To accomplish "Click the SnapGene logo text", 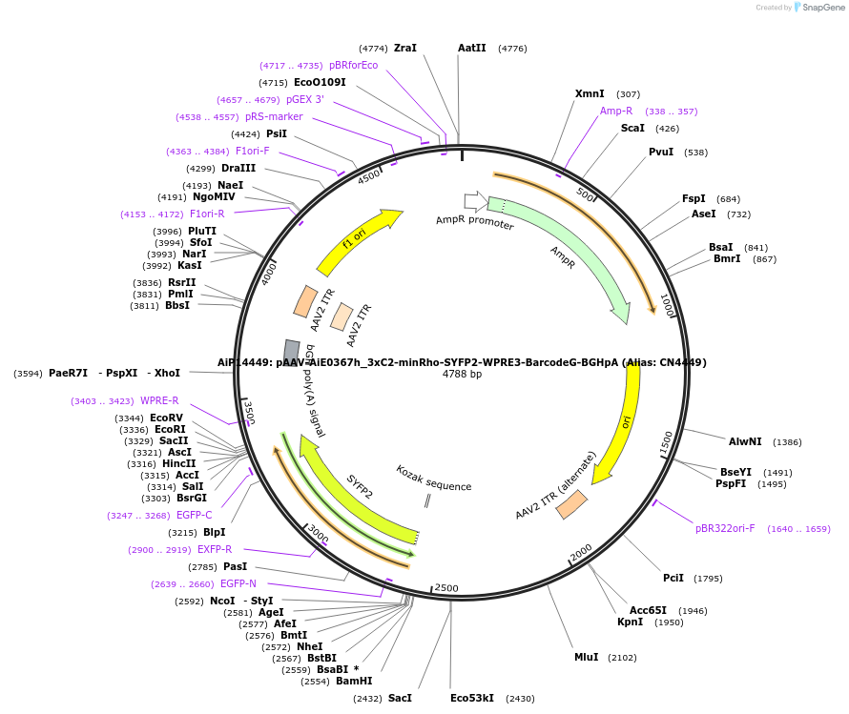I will click(x=825, y=8).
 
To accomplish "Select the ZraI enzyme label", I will click(x=404, y=48).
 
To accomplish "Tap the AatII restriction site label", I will click(x=471, y=48).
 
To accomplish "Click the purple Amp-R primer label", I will click(x=616, y=111).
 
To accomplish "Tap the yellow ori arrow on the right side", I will click(x=620, y=425).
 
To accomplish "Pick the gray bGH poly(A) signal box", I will click(x=292, y=350).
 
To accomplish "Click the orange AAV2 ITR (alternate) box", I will click(x=571, y=504).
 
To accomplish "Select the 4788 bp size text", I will click(x=462, y=375).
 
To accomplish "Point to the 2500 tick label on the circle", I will click(x=446, y=588).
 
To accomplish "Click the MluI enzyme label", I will click(x=586, y=657).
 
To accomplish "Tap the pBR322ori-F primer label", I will click(x=725, y=528).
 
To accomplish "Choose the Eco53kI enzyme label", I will click(x=472, y=698).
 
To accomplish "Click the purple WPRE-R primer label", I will click(x=159, y=400).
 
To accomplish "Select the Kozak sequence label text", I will click(x=434, y=479).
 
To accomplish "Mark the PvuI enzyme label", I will click(x=661, y=152).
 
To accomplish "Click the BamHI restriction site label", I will click(x=354, y=681).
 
